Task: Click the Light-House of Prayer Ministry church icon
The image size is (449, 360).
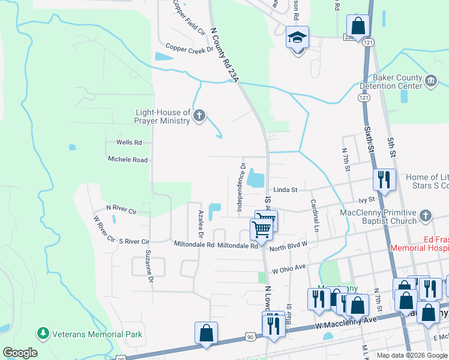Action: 200,116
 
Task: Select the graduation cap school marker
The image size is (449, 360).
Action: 297,38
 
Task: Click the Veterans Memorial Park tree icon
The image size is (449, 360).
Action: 43,332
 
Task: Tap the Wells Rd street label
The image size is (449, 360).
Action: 129,143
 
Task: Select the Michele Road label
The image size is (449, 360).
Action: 127,160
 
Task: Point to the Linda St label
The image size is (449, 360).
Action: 285,190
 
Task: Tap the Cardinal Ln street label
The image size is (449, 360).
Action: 314,216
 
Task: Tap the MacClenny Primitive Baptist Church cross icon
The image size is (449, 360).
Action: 426,215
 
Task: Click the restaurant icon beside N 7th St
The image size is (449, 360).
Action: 382,179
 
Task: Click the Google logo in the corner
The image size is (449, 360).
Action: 20,353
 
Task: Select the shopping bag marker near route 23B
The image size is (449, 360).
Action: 358,26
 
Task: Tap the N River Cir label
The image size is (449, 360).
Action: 121,211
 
